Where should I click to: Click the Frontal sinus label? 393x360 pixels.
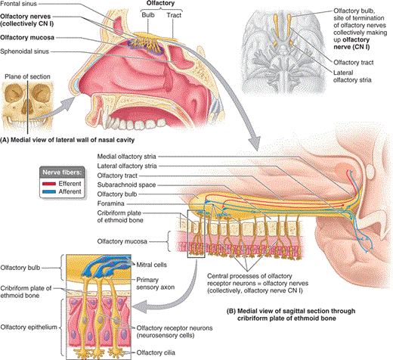(18, 4)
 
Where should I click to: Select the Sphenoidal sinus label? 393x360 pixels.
(24, 51)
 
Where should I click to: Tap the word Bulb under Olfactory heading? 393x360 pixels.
(148, 15)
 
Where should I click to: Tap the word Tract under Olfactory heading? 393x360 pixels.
(174, 15)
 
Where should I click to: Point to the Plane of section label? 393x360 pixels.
(27, 76)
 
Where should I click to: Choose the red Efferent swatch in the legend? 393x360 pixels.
(49, 184)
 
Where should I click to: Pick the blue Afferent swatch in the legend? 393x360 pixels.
(49, 192)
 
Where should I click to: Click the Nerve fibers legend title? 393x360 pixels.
(62, 172)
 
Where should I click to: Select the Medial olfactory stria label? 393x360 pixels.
(126, 157)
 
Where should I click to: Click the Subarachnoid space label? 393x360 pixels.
(126, 185)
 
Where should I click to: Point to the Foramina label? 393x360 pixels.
(110, 203)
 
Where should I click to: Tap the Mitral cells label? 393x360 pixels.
(151, 265)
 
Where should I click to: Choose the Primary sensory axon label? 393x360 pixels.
(155, 284)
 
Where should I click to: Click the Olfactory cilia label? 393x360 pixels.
(156, 352)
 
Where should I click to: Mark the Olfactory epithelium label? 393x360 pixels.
(29, 327)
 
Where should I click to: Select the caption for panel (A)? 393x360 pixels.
(67, 140)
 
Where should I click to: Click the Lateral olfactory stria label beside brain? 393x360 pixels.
(352, 76)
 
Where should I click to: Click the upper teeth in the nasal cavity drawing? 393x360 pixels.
(135, 123)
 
